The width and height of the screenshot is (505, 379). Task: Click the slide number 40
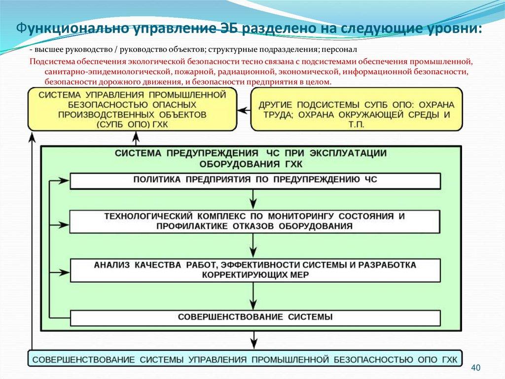coord(476,368)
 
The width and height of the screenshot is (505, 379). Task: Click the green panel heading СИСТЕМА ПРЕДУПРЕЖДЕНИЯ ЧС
coord(252,158)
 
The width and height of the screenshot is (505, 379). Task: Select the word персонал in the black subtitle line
coord(338,51)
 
